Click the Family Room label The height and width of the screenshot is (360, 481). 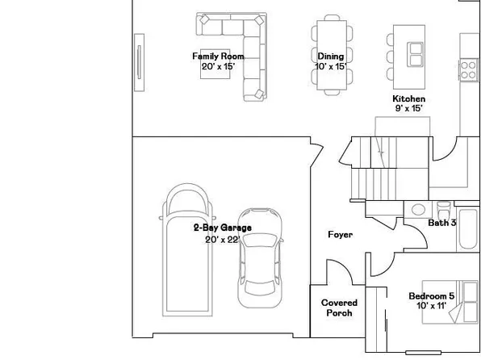218,56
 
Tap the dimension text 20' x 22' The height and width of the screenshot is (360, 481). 222,240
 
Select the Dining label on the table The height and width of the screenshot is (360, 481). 331,57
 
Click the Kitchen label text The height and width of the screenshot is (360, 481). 409,98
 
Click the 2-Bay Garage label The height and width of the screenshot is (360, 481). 222,228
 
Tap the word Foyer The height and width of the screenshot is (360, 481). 340,235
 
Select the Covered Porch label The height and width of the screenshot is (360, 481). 339,308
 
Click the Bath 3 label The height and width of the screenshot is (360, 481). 442,222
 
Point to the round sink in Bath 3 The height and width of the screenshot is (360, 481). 418,209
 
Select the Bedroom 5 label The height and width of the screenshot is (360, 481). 431,295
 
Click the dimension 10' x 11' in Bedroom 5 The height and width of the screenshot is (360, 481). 431,306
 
